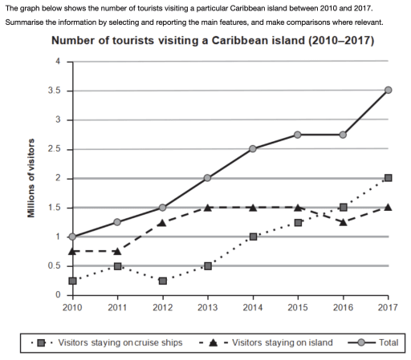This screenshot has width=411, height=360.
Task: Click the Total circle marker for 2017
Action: pos(389,90)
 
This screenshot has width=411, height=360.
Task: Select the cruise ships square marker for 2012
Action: pos(162,281)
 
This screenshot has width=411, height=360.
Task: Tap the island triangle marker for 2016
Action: pos(344,222)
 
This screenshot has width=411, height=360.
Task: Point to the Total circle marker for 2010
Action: pos(72,237)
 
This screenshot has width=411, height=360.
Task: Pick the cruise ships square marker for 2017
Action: pos(389,178)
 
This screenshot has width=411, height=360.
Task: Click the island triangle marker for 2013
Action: pos(207,207)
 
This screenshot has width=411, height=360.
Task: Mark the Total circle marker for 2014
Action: pos(253,148)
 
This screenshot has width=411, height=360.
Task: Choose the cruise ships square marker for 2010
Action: pos(72,281)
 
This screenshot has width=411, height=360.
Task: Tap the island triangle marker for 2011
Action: pos(117,251)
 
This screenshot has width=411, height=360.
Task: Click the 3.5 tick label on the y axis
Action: pos(54,91)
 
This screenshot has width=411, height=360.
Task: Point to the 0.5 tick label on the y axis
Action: pos(54,266)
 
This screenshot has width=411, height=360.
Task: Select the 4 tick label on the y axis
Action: pos(57,62)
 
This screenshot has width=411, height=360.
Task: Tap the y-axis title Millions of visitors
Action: pos(31,178)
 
